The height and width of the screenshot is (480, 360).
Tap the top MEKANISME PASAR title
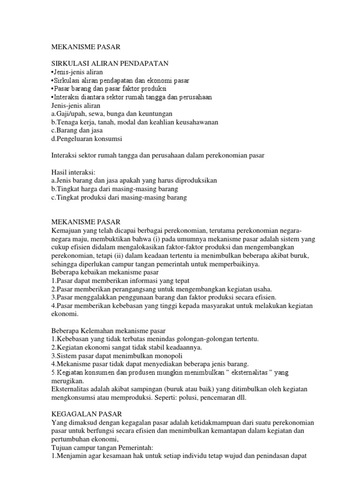point(85,47)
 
